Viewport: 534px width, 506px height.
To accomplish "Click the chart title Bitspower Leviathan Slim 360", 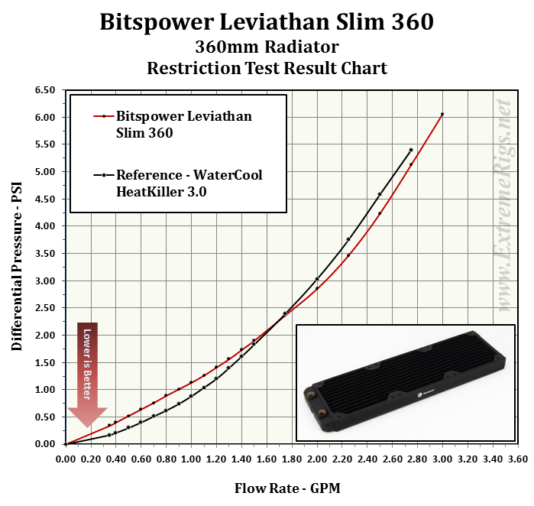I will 267,21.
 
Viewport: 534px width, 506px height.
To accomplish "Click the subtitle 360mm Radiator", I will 267,47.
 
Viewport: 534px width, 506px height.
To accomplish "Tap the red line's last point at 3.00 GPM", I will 442,115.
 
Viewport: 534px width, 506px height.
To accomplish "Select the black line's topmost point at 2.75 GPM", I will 411,150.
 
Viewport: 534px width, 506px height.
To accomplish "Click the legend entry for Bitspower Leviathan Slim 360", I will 183,125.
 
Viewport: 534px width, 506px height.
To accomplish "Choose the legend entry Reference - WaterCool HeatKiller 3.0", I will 188,183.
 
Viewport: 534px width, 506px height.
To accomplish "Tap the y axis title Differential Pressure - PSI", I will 16,267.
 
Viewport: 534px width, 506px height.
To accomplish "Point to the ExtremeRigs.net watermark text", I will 503,206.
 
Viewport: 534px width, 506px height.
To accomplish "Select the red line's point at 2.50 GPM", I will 380,213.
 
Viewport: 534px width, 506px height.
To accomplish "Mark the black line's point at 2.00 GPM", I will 317,279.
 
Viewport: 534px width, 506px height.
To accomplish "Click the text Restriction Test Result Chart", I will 267,68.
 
